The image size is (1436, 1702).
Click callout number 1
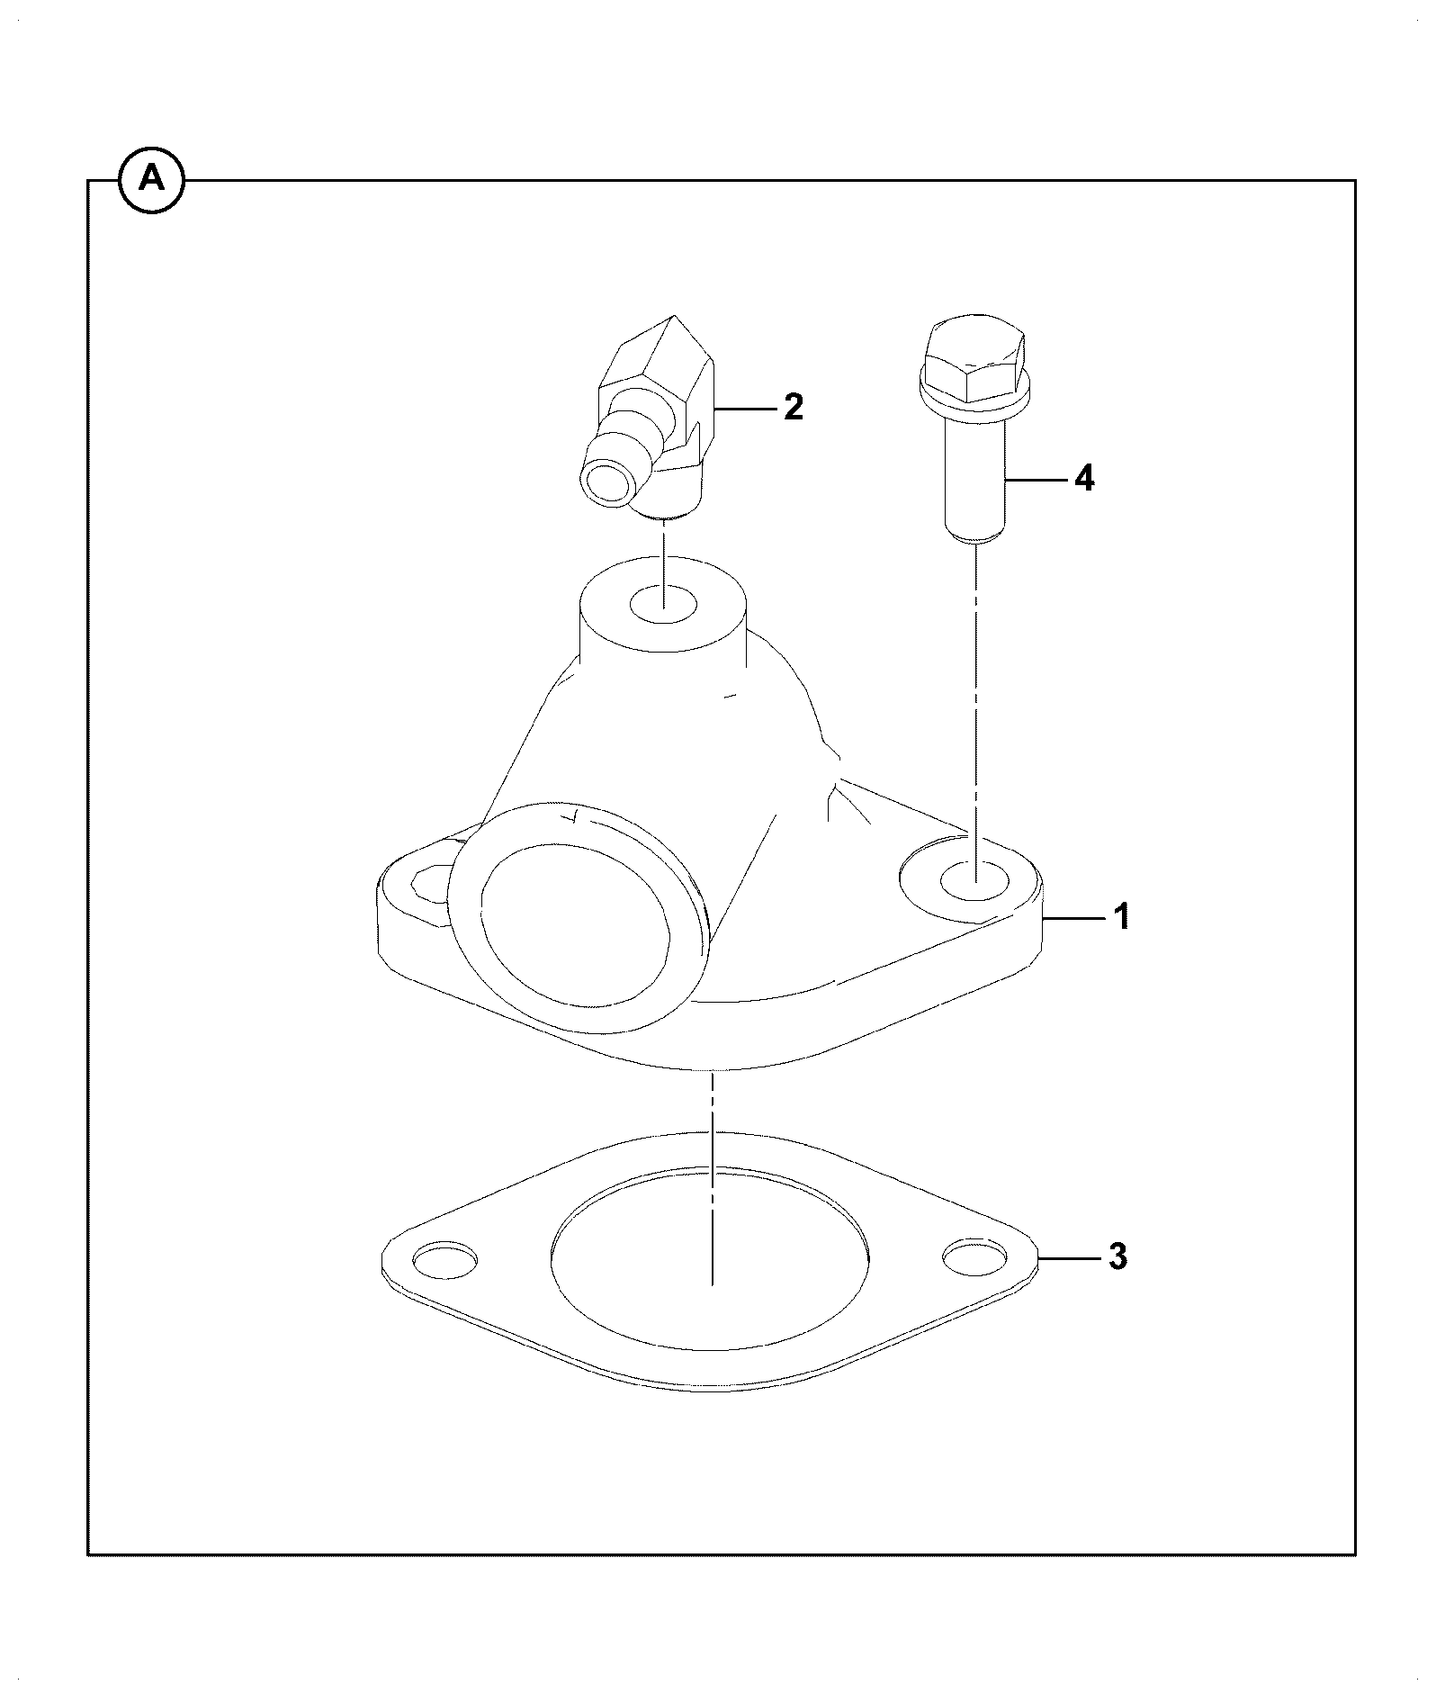pos(1122,917)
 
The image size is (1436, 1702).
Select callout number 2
pos(793,408)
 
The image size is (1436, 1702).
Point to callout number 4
pos(1085,479)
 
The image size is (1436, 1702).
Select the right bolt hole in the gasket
pos(976,1257)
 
